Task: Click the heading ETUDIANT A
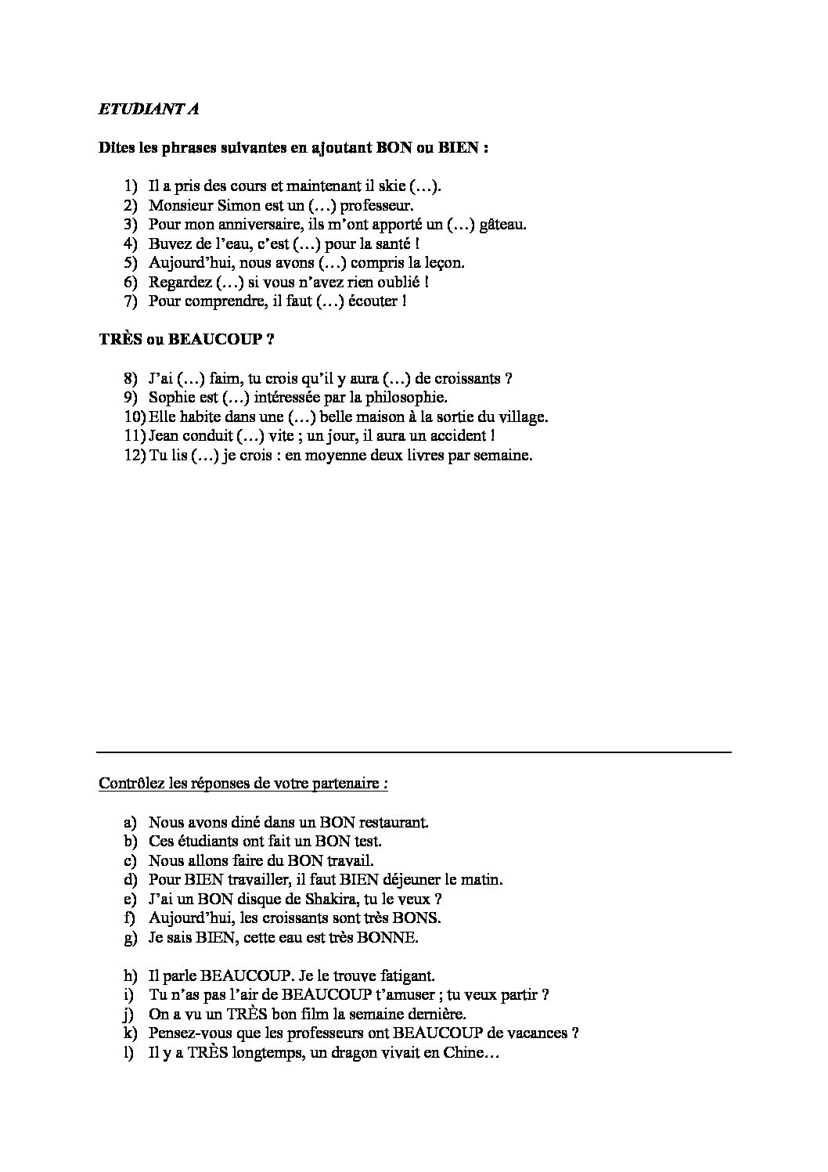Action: coord(148,110)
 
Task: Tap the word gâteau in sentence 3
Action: coord(502,225)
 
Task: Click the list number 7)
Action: coord(131,301)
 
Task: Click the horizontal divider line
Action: coord(414,752)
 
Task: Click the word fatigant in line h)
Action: coord(405,976)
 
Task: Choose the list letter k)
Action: coord(130,1033)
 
